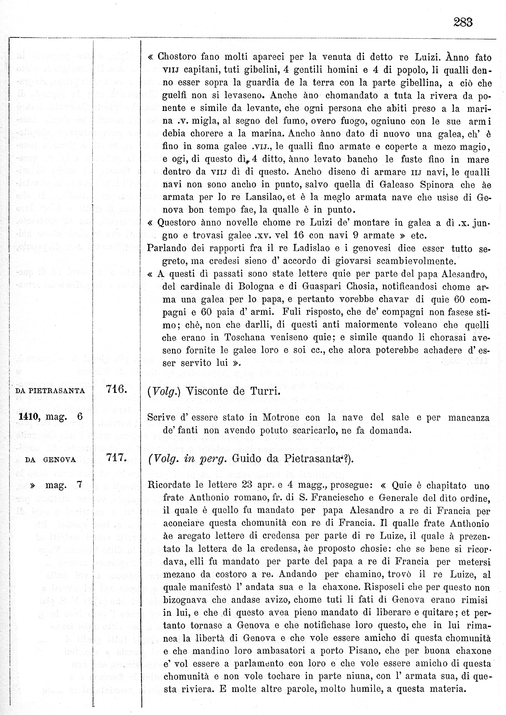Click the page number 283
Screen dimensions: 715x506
click(463, 22)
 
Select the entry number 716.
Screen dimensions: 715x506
click(116, 389)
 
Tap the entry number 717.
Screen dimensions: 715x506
click(116, 458)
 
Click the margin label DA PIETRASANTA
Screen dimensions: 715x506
click(50, 391)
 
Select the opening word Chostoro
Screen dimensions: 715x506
click(176, 57)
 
